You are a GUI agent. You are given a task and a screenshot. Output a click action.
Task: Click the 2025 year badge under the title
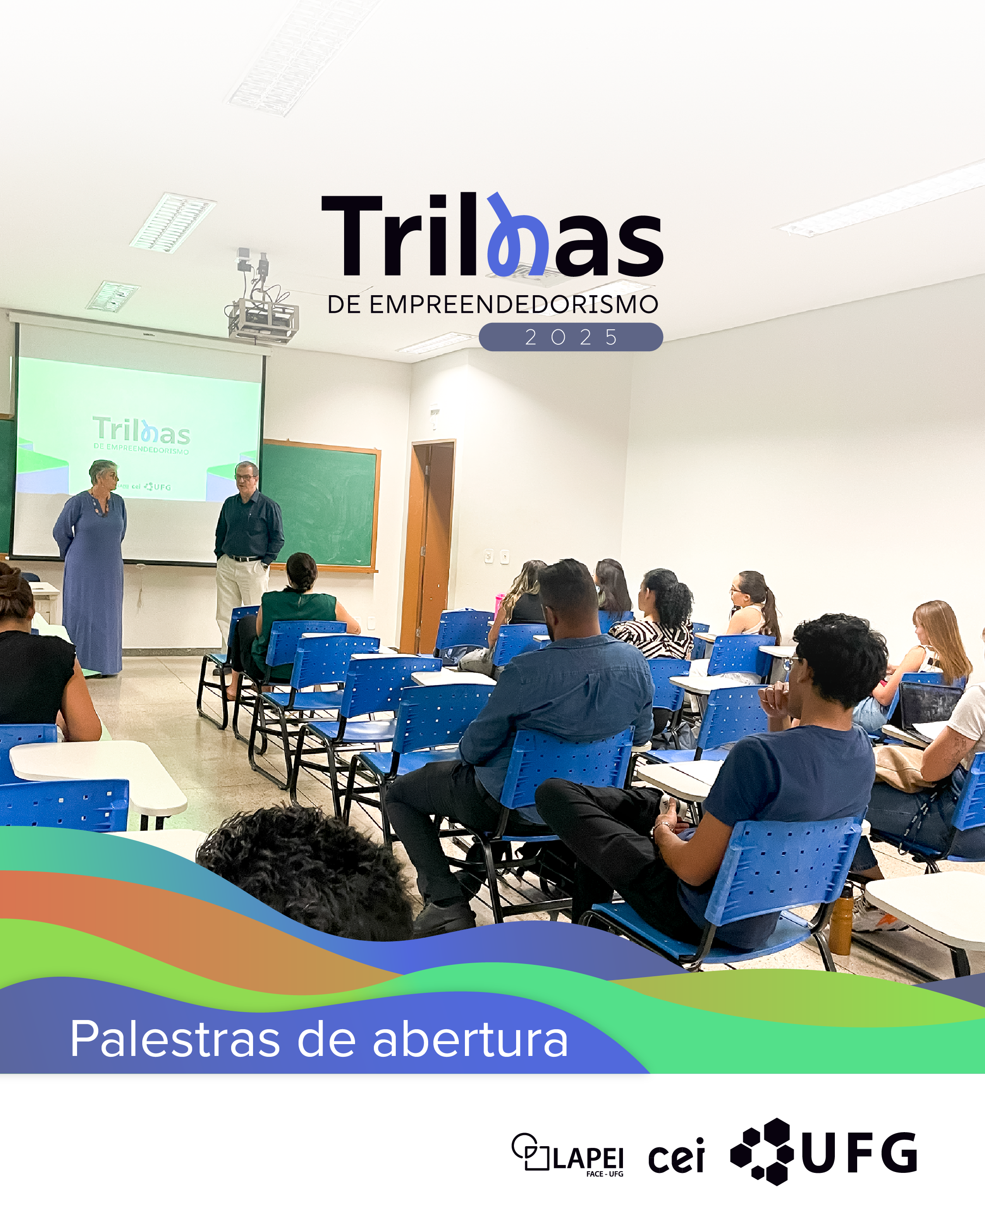point(570,337)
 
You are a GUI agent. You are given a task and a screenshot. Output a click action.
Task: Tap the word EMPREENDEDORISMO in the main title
point(513,304)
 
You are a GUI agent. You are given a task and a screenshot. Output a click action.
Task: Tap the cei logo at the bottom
point(676,1156)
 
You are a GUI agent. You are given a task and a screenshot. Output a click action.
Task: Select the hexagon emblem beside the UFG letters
point(763,1151)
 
